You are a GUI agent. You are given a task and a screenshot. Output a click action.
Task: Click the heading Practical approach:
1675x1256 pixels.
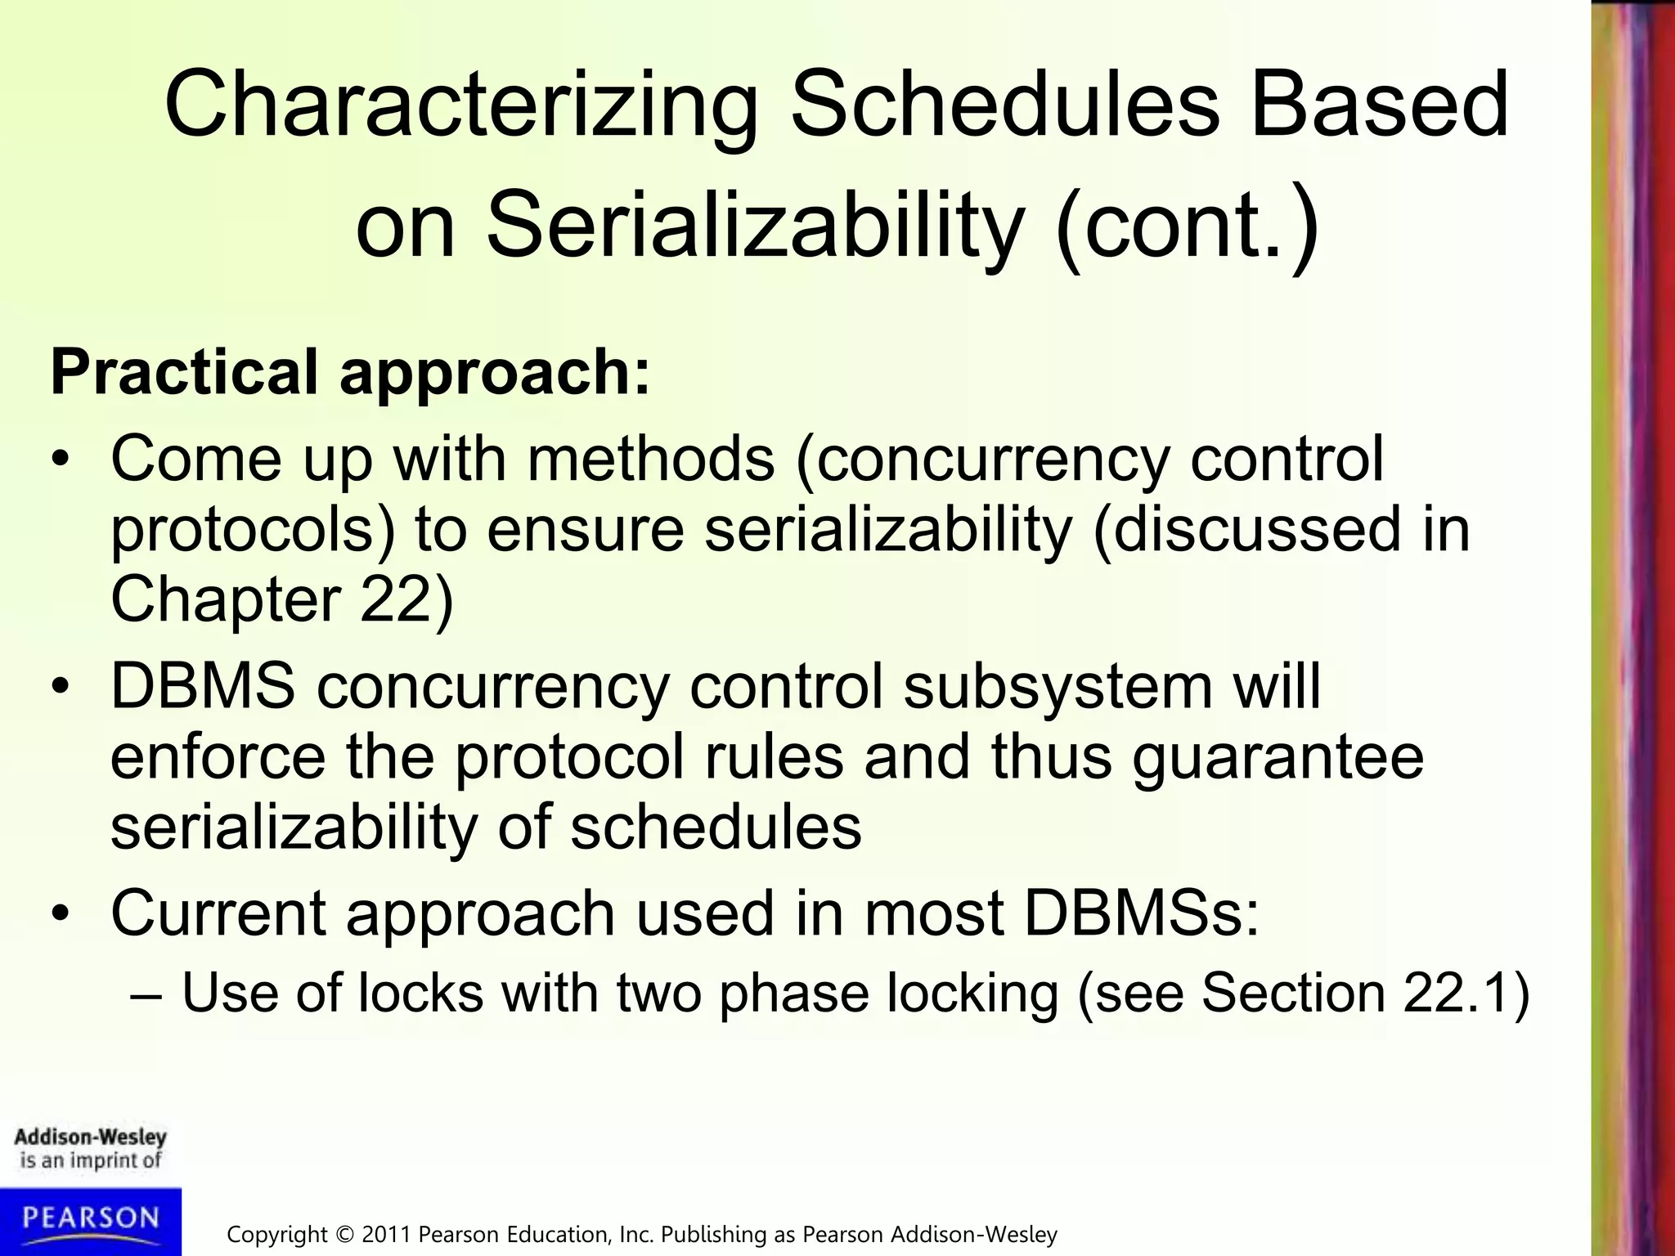350,373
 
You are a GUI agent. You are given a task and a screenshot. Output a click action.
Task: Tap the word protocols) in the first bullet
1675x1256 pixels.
253,530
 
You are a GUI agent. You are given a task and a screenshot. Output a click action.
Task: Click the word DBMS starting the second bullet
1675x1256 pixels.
202,686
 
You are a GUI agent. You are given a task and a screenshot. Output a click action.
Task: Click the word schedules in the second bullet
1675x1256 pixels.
716,827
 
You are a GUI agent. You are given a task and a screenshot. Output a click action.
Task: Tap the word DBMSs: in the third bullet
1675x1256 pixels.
1142,913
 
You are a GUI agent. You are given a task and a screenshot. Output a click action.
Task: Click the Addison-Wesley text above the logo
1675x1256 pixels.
90,1137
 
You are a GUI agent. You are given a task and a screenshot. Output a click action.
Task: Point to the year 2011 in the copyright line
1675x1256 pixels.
388,1234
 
